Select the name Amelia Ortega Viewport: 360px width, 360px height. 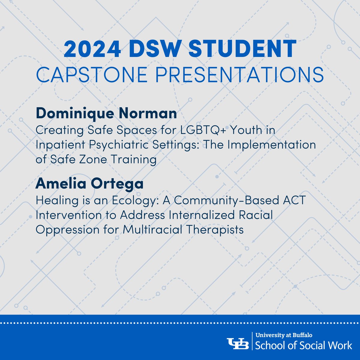89,184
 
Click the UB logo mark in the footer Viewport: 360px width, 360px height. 238,343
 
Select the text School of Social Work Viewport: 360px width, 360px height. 304,345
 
